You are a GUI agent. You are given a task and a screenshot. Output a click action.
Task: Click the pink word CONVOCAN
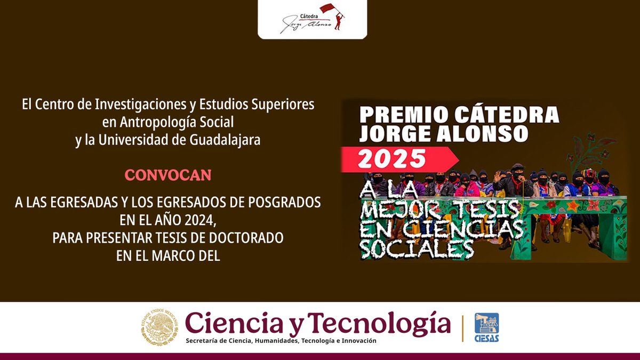tap(168, 175)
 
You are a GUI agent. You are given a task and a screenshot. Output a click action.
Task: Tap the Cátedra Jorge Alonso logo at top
tap(313, 19)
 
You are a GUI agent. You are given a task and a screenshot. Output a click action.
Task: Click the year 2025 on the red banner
tap(392, 158)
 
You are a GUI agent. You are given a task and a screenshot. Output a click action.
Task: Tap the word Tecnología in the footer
tap(380, 322)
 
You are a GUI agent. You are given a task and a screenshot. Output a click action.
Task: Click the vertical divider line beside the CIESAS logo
tap(462, 327)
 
